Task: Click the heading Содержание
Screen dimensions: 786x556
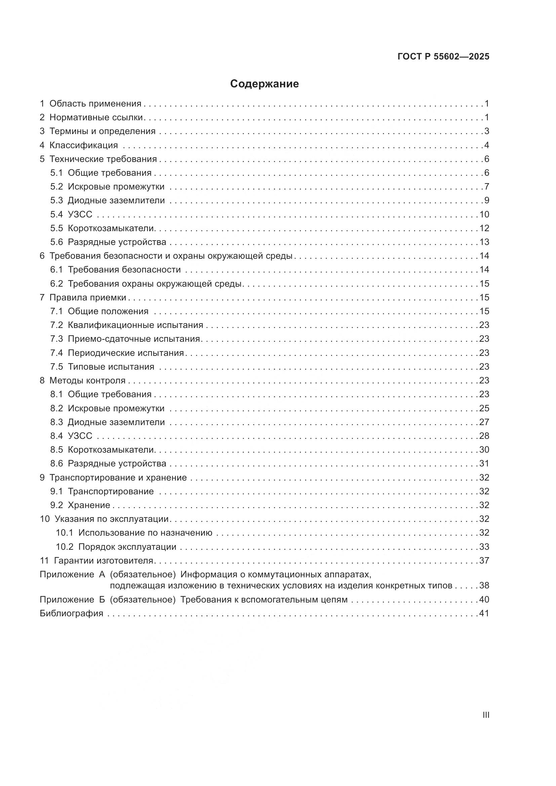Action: click(264, 84)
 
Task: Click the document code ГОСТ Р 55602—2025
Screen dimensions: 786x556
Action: click(443, 56)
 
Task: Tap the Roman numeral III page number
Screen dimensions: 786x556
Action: click(485, 715)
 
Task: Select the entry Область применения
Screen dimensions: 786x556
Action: click(95, 104)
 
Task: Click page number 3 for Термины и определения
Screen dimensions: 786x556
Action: click(486, 131)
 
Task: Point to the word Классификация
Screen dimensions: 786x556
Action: click(84, 145)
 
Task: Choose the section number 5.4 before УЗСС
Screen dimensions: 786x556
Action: click(56, 214)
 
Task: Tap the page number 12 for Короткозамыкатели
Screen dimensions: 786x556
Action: click(484, 228)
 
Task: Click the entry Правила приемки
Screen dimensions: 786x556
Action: click(88, 297)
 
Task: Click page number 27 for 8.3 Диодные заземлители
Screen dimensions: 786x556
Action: click(484, 422)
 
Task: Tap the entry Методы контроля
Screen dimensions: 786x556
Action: click(87, 380)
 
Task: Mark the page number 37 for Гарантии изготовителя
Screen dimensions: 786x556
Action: click(484, 561)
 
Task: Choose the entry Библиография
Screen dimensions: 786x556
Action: click(72, 613)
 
